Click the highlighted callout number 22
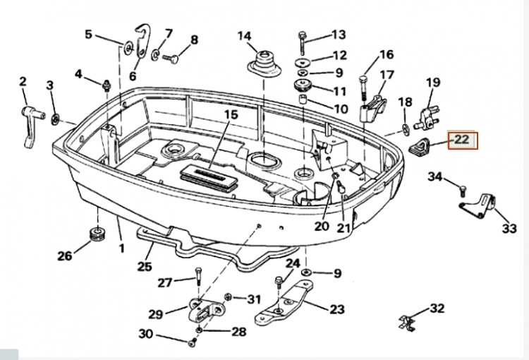[461, 140]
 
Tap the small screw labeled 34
[463, 188]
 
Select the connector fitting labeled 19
[427, 115]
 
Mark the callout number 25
[145, 268]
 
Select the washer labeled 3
[56, 114]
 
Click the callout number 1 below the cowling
[121, 248]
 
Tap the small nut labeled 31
[229, 297]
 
